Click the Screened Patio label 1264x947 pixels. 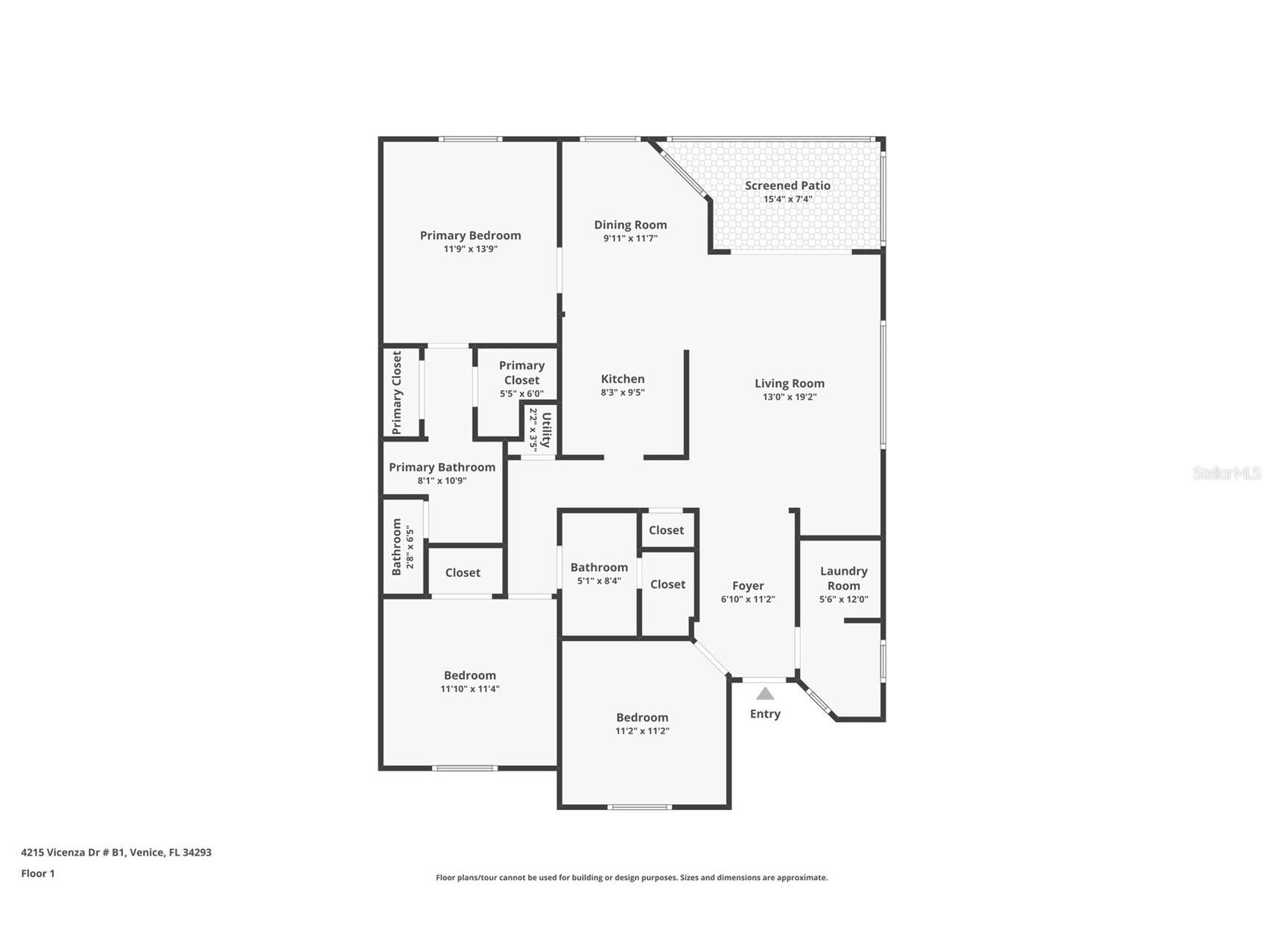click(787, 185)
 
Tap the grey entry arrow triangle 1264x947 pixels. click(765, 694)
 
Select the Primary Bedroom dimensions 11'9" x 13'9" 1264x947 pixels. click(470, 249)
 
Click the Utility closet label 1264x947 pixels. click(546, 430)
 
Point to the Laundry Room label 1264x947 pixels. click(843, 578)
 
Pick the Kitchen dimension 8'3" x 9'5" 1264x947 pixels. click(623, 392)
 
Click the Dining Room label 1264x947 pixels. click(630, 225)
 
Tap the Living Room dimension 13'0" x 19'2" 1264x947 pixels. click(790, 397)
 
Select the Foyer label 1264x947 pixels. click(748, 586)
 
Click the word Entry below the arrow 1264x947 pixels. click(765, 714)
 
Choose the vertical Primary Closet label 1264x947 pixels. click(396, 392)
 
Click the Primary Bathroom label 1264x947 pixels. click(442, 467)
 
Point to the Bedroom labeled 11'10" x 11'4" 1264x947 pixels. click(470, 675)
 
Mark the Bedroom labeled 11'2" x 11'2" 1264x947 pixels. click(642, 718)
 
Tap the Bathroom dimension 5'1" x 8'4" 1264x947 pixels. click(599, 581)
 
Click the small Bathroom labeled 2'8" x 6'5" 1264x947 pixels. click(397, 547)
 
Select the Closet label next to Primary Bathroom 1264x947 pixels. click(463, 573)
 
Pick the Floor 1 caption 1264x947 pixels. click(38, 873)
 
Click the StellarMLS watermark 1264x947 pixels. click(1226, 473)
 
